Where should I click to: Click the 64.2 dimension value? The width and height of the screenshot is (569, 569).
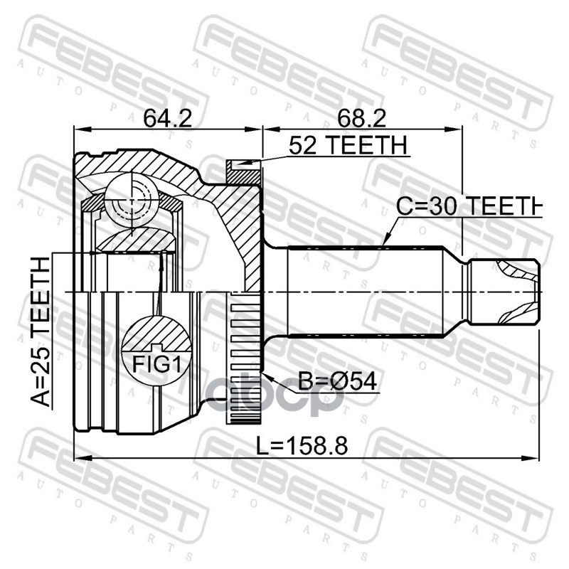pyautogui.click(x=167, y=118)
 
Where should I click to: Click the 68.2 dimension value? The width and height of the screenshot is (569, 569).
pyautogui.click(x=361, y=118)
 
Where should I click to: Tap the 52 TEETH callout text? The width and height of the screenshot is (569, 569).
pyautogui.click(x=348, y=145)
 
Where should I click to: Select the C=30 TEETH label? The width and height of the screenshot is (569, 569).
pyautogui.click(x=469, y=206)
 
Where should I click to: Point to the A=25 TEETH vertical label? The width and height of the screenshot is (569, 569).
pyautogui.click(x=40, y=331)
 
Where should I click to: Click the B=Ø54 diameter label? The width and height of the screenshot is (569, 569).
pyautogui.click(x=337, y=381)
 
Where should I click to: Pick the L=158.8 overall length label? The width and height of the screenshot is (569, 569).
pyautogui.click(x=302, y=446)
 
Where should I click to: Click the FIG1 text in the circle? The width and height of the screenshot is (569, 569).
pyautogui.click(x=156, y=364)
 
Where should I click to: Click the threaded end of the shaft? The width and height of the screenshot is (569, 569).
pyautogui.click(x=504, y=292)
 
